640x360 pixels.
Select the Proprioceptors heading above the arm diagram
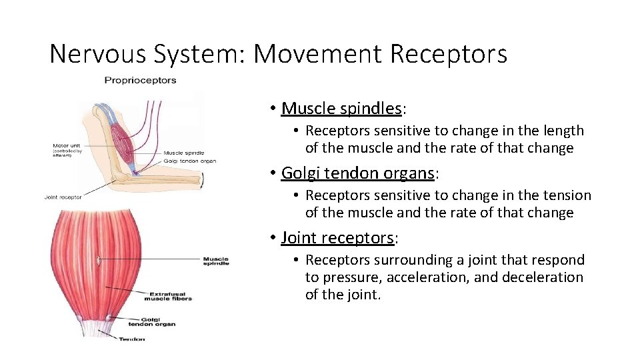pos(140,81)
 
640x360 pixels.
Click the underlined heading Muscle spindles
pos(341,108)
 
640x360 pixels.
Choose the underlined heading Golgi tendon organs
pos(357,173)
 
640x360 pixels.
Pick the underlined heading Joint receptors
pos(337,237)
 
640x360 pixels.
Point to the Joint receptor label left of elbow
pos(63,197)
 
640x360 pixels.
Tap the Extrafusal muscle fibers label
pos(171,295)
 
